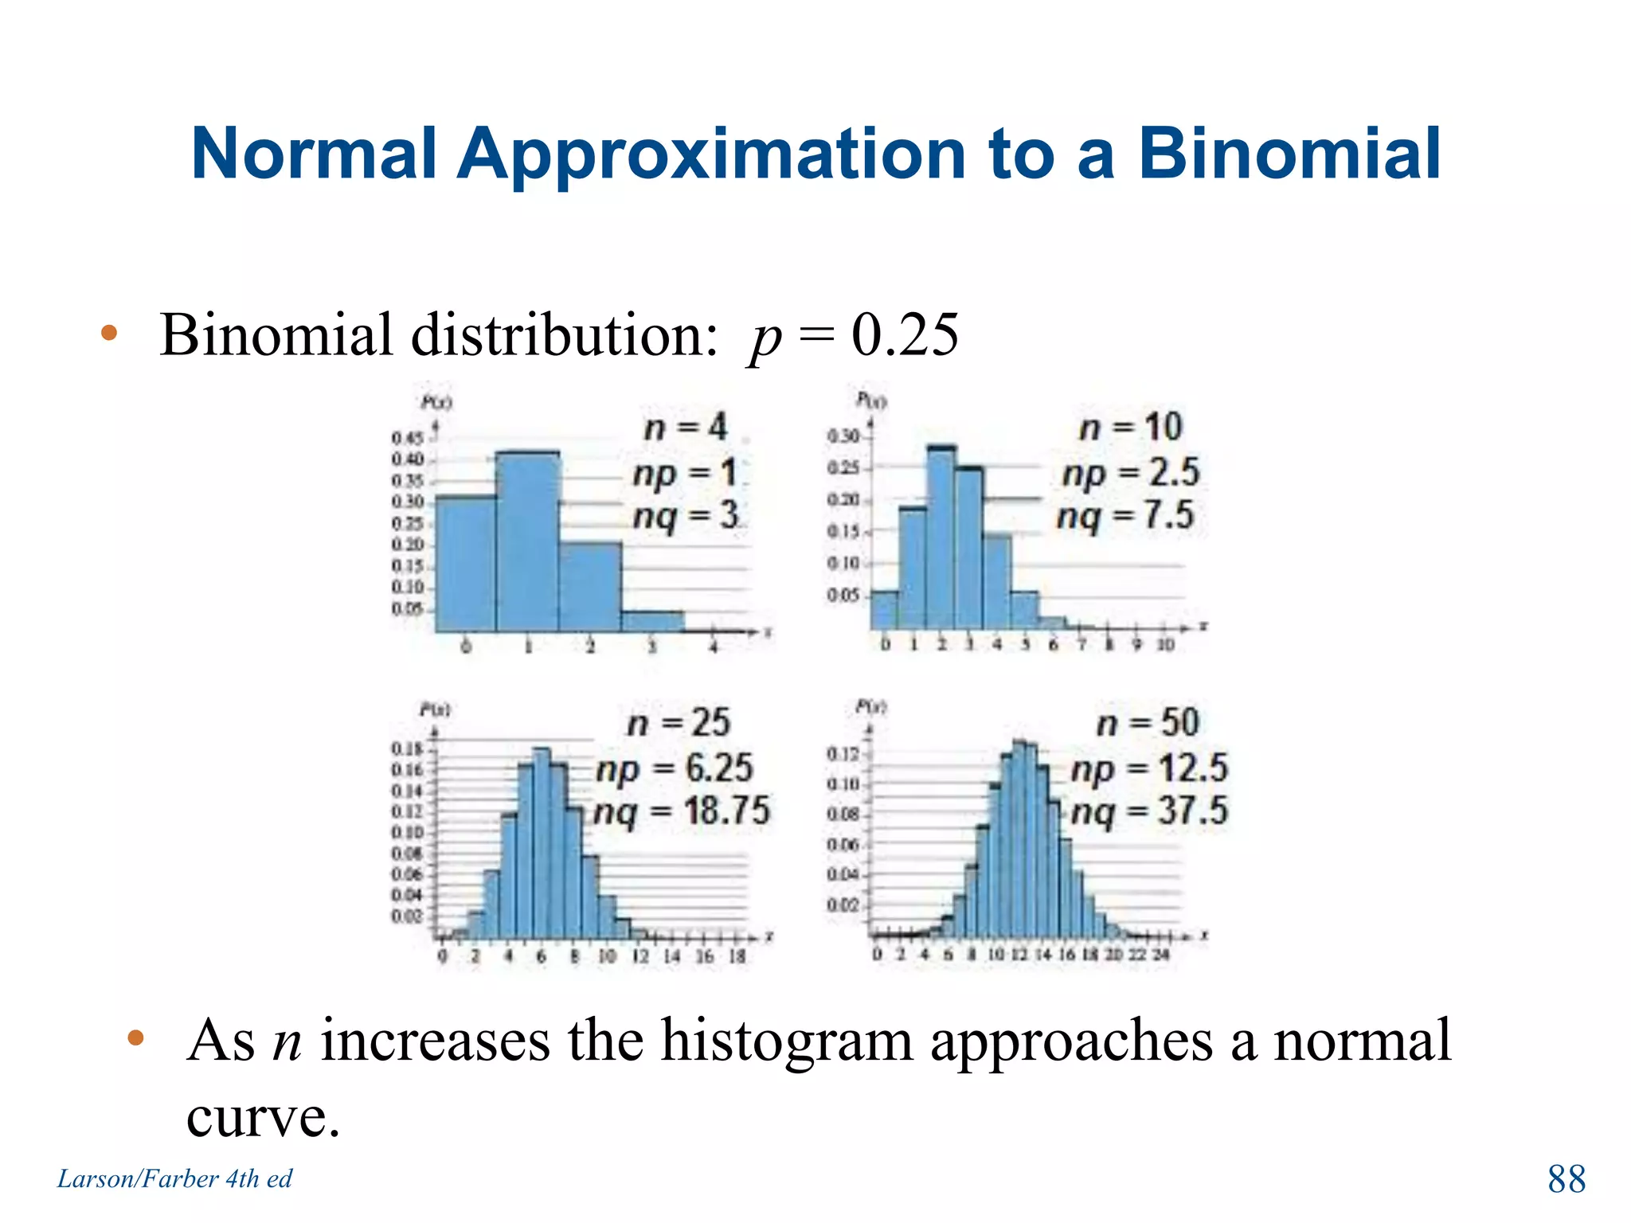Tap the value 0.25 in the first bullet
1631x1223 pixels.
click(x=905, y=335)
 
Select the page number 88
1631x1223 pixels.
click(x=1566, y=1179)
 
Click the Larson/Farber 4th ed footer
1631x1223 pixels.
click(x=174, y=1178)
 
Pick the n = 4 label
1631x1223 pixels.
click(x=686, y=428)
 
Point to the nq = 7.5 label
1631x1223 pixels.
click(x=1124, y=516)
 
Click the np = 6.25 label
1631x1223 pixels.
click(x=674, y=768)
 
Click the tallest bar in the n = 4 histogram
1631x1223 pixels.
click(x=526, y=541)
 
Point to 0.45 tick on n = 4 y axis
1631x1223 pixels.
click(x=407, y=438)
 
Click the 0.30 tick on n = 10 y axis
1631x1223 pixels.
click(x=843, y=436)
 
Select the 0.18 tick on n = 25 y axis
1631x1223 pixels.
click(x=407, y=749)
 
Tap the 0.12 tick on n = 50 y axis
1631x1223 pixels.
click(x=843, y=754)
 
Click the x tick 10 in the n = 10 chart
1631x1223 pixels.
click(x=1165, y=645)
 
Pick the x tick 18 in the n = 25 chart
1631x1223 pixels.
click(x=737, y=956)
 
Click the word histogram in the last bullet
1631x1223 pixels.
click(x=787, y=1041)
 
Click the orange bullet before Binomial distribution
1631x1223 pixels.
click(x=109, y=333)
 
